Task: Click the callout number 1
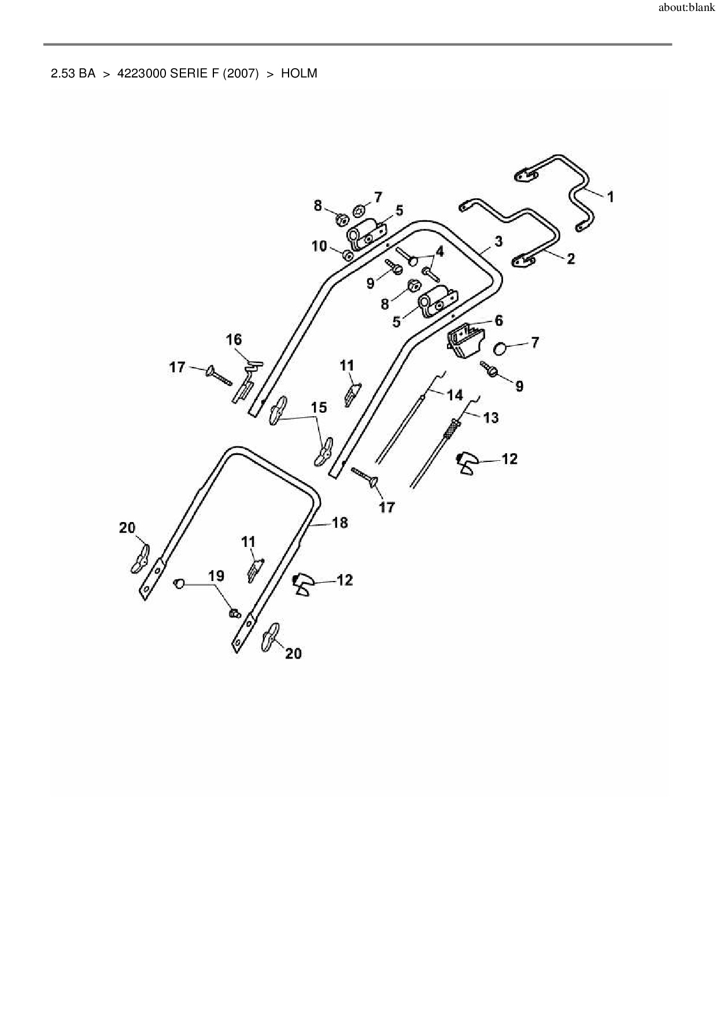(x=610, y=197)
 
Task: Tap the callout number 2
(x=571, y=259)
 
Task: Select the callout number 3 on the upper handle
(x=498, y=241)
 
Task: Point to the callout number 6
(x=498, y=320)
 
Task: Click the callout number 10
(x=319, y=246)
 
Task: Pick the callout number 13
(x=490, y=417)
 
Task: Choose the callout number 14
(x=455, y=395)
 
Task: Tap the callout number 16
(x=234, y=339)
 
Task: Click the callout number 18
(x=340, y=523)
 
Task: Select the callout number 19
(x=216, y=576)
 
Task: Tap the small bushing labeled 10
(x=348, y=255)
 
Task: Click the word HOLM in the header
(x=299, y=74)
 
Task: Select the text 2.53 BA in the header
(x=73, y=74)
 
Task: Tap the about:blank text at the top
(x=686, y=8)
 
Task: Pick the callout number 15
(x=319, y=408)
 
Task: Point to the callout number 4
(x=440, y=251)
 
